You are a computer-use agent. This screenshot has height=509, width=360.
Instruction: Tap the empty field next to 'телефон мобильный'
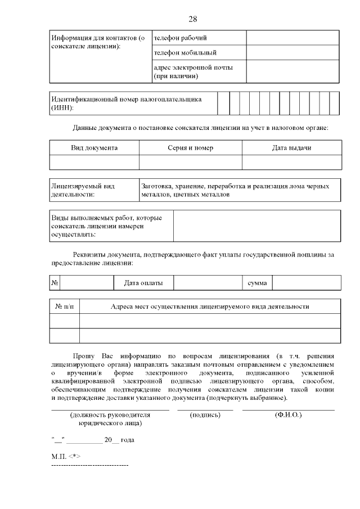pos(292,53)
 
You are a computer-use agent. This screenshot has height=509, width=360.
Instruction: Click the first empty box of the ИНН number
pos(223,103)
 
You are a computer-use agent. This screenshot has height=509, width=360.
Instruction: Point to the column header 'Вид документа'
pos(94,148)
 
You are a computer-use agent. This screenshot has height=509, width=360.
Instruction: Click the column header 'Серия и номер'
pos(190,148)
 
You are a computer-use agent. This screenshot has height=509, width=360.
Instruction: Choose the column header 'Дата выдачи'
pos(291,148)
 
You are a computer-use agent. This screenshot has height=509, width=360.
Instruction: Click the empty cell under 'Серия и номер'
pos(190,163)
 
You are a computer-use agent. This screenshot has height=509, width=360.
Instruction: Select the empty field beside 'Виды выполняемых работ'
pos(256,226)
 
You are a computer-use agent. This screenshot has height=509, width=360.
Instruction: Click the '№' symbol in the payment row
pos(55,283)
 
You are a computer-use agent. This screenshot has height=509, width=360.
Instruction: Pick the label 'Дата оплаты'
pos(143,283)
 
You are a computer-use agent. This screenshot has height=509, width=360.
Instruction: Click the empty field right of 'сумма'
pos(307,283)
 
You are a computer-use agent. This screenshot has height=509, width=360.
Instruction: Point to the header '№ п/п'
pos(65,307)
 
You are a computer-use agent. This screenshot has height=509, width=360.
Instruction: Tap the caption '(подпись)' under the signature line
pos(205,415)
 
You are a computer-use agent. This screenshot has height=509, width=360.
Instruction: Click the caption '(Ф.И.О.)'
pos(288,415)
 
